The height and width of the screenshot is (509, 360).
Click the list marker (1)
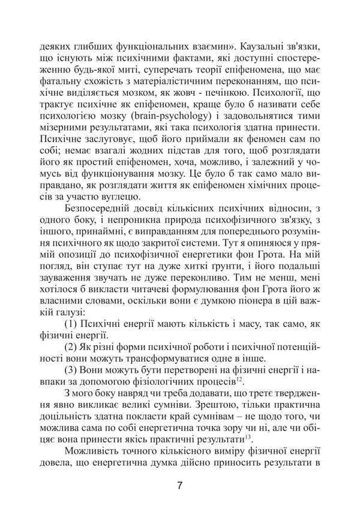(x=70, y=324)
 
